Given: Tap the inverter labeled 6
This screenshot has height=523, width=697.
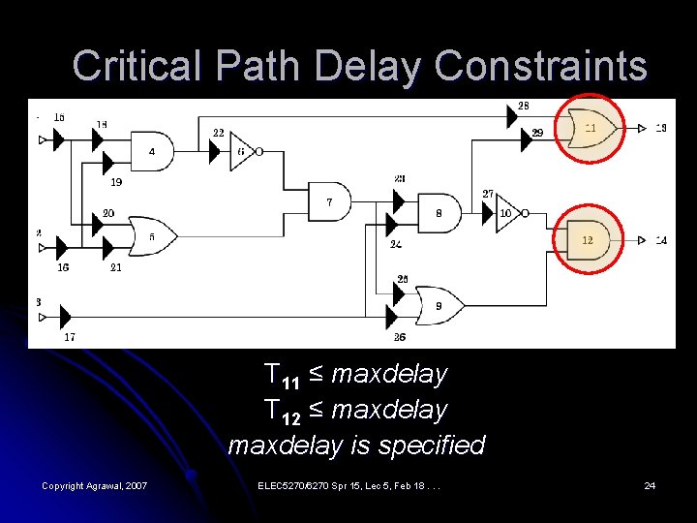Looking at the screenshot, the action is tap(243, 151).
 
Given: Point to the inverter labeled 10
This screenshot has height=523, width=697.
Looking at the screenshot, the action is tap(507, 212).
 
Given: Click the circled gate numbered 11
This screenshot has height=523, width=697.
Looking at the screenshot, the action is tap(590, 128).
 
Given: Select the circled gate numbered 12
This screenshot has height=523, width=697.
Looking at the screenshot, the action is tap(588, 238).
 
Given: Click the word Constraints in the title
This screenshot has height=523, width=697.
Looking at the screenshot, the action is tap(540, 67).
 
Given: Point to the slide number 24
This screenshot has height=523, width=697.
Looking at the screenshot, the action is tap(650, 484).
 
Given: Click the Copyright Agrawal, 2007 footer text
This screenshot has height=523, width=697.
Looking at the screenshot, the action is tap(94, 484).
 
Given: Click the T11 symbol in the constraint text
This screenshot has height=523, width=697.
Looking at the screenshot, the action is tap(281, 375).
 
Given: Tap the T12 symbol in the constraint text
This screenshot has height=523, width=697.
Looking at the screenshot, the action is tap(281, 411).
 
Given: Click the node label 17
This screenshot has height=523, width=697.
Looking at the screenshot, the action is tap(70, 337).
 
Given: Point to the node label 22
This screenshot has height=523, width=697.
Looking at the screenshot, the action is tap(218, 133).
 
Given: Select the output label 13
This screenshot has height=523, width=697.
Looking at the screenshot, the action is tap(660, 128).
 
